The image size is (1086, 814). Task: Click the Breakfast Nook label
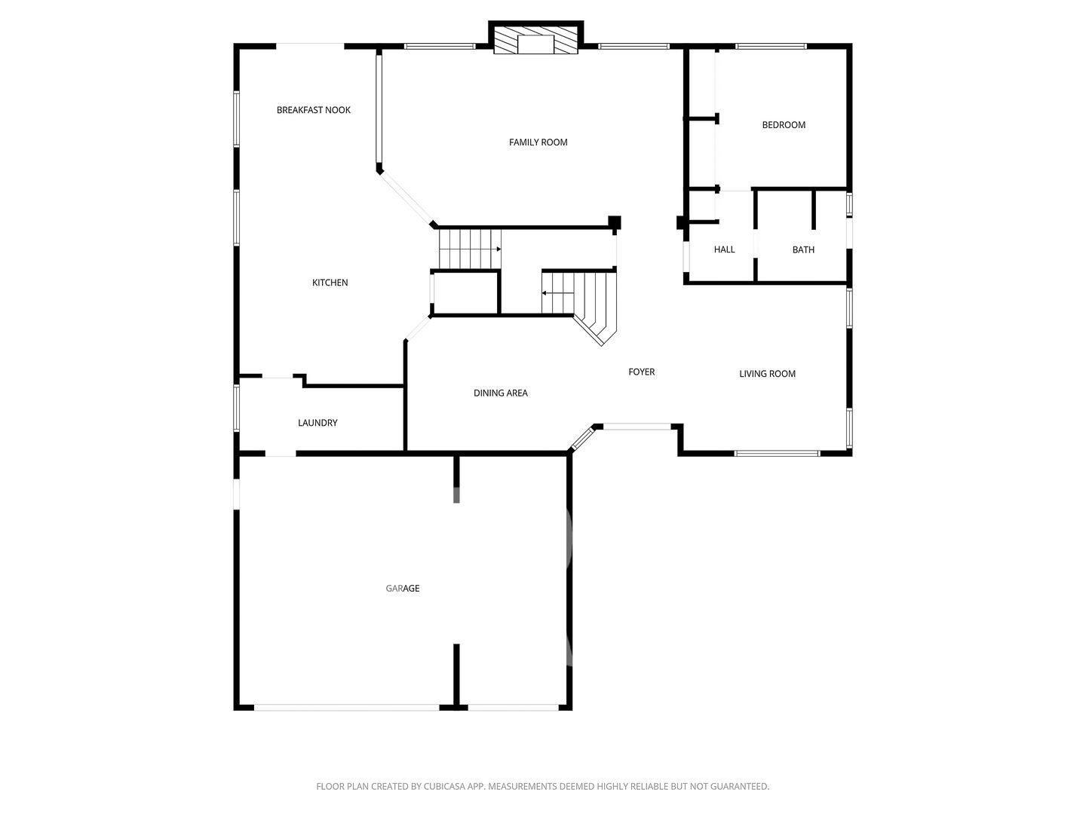pos(313,110)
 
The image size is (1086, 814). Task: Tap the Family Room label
pos(538,142)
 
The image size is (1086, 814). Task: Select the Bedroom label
pos(784,125)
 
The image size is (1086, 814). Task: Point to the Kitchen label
pos(330,283)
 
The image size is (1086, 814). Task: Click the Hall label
pos(724,249)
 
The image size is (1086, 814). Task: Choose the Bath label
pos(803,249)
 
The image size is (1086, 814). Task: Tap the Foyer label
pos(641,372)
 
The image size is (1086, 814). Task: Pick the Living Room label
pos(767,374)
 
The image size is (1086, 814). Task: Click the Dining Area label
pos(500,393)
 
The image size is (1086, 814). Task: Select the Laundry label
pos(318,423)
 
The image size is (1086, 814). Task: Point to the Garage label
pos(402,588)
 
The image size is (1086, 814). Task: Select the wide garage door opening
pos(346,707)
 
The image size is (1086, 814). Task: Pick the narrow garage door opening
pos(513,707)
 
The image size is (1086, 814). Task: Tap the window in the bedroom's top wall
pos(771,47)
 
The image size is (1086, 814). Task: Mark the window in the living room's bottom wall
pos(777,453)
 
